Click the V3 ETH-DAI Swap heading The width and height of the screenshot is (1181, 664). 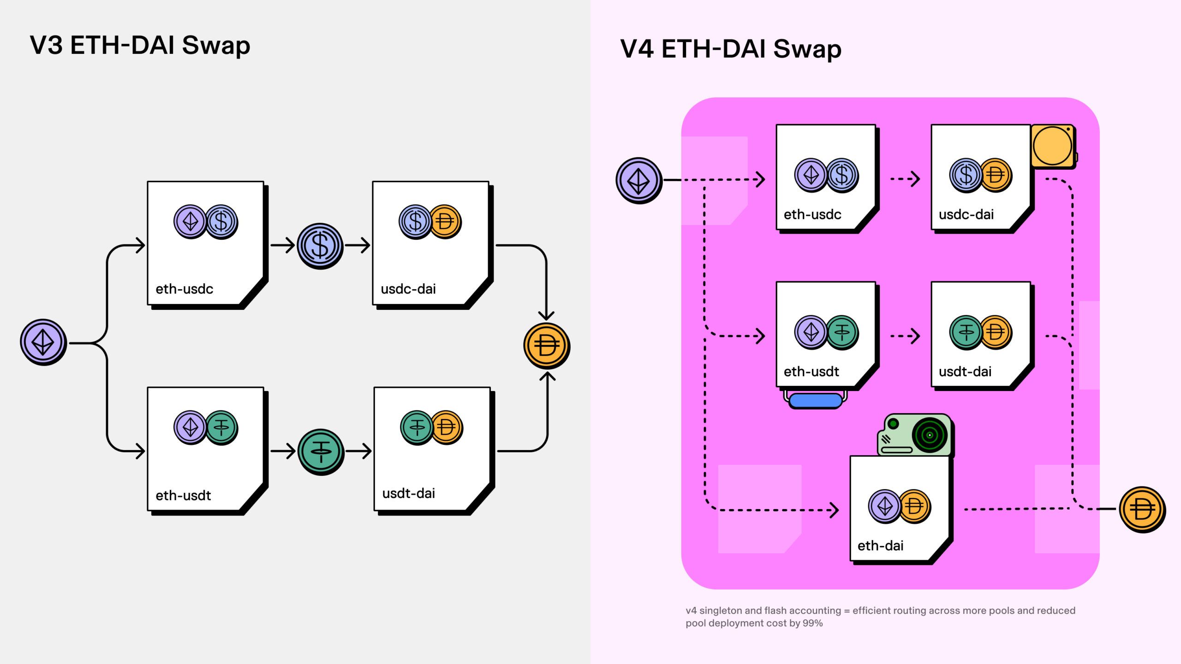(140, 46)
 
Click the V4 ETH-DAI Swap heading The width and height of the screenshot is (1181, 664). (731, 49)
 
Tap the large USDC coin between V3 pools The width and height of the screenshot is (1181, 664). (320, 246)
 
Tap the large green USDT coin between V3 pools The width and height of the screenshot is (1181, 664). (321, 451)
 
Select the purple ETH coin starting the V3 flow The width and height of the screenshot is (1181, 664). (43, 342)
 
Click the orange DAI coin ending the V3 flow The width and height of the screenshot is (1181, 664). (547, 346)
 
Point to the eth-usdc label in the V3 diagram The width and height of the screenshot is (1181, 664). (184, 289)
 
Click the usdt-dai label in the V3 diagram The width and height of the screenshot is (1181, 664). (408, 493)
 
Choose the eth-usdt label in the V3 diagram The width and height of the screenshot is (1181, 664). (183, 496)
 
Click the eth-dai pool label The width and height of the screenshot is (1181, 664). (880, 546)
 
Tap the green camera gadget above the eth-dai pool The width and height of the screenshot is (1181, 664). (914, 435)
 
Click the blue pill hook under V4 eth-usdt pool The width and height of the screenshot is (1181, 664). (816, 400)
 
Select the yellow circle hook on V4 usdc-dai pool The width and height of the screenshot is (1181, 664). (1052, 146)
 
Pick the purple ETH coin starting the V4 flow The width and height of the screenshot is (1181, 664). (639, 181)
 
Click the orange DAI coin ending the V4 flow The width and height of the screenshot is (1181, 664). (1142, 510)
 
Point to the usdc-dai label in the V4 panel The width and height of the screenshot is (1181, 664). (966, 215)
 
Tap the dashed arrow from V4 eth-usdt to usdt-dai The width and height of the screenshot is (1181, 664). (905, 336)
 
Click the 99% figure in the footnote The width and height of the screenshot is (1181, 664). (812, 623)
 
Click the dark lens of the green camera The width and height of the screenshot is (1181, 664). (930, 435)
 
